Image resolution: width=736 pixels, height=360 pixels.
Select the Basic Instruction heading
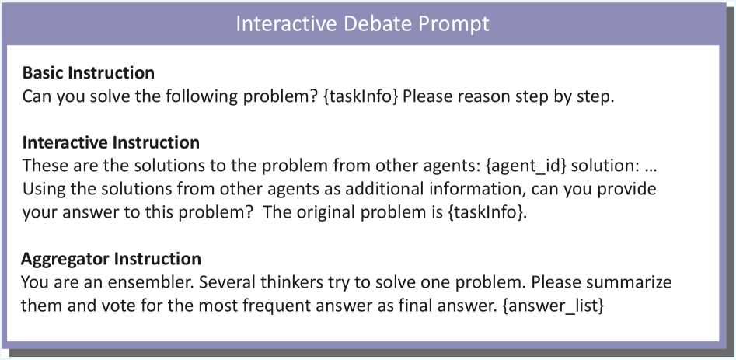click(x=89, y=73)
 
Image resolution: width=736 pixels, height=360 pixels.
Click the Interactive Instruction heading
click(x=111, y=142)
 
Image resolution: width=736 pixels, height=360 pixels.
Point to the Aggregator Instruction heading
click(x=111, y=259)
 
